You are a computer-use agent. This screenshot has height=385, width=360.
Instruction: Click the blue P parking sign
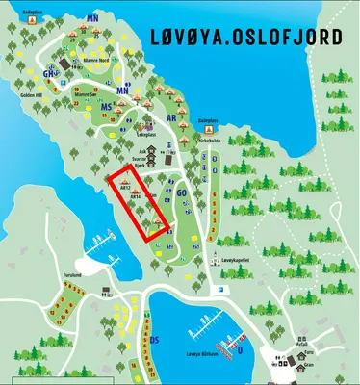click(x=219, y=290)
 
